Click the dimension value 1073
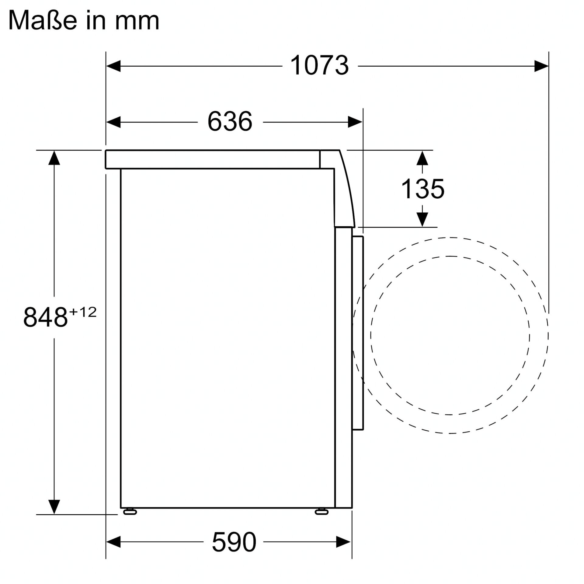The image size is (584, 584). (319, 65)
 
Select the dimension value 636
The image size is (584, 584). (230, 121)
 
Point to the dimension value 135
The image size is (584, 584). (423, 189)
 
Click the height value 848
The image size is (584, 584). (45, 317)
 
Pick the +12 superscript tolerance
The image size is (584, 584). (83, 312)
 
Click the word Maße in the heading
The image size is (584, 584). (42, 20)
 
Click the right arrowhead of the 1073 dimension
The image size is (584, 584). (541, 66)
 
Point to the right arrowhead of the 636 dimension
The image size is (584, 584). (355, 122)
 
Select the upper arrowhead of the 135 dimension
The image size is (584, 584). (422, 158)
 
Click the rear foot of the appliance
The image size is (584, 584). (130, 512)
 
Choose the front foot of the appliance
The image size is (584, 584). (322, 512)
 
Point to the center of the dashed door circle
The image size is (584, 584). (450, 335)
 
